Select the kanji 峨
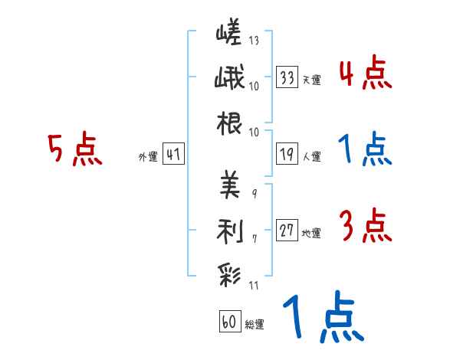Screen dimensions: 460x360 [x=229, y=77]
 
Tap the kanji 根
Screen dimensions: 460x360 [x=229, y=123]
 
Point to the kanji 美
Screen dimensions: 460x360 [x=230, y=185]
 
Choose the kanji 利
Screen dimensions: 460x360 [x=230, y=231]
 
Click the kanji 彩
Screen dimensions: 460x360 [x=229, y=276]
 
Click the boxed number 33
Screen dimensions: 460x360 [x=287, y=77]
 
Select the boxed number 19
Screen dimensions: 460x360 [x=287, y=154]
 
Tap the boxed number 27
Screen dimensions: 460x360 [x=287, y=230]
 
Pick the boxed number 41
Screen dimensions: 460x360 [x=173, y=154]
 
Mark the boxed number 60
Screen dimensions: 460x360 [x=230, y=321]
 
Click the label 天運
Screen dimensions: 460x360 [x=312, y=80]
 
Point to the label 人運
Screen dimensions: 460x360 [x=312, y=156]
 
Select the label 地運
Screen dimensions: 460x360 [x=311, y=233]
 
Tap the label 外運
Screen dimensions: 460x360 [x=148, y=156]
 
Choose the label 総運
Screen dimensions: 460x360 [x=255, y=324]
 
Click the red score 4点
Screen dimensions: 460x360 [x=366, y=72]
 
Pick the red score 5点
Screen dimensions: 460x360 [x=75, y=149]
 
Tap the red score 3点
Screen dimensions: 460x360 [x=366, y=225]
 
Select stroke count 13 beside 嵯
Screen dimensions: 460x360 [x=254, y=41]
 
